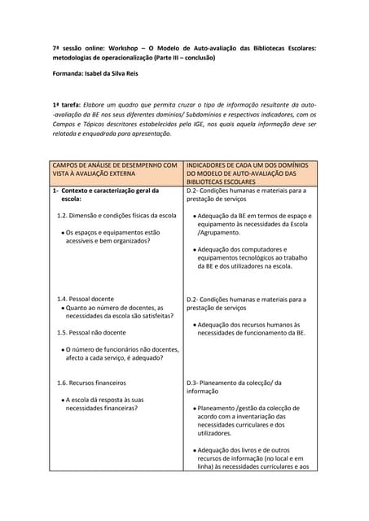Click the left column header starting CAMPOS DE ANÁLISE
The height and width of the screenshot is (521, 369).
(115, 169)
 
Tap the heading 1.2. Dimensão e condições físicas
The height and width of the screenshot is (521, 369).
(116, 216)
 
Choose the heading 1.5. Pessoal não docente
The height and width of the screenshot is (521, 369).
(91, 333)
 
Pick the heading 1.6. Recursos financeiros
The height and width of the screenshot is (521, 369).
(91, 383)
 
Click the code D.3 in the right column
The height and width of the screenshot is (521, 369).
(193, 383)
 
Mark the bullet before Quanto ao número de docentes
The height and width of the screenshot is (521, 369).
(63, 309)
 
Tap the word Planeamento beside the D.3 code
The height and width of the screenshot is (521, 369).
(231, 383)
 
